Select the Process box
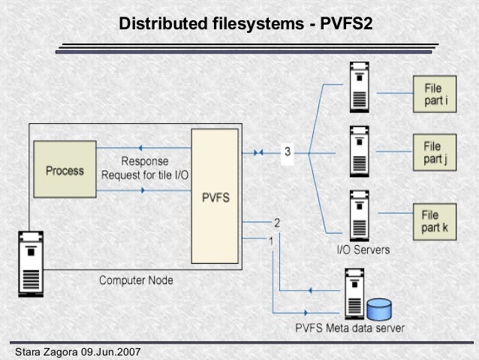point(65,171)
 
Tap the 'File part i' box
point(433,94)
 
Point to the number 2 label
point(277,222)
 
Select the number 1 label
point(271,241)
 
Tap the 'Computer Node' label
point(136,280)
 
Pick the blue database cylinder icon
point(380,308)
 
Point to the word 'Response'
point(145,162)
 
